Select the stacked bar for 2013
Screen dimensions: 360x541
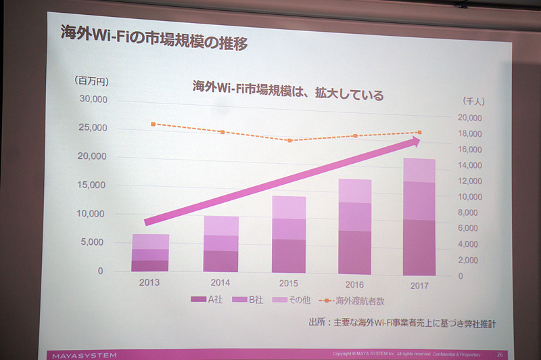tap(150, 253)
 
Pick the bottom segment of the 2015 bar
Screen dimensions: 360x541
tap(289, 256)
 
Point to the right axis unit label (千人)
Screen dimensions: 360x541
tap(473, 101)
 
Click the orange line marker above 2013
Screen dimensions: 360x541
tap(154, 125)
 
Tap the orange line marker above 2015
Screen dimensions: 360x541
tap(289, 141)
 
